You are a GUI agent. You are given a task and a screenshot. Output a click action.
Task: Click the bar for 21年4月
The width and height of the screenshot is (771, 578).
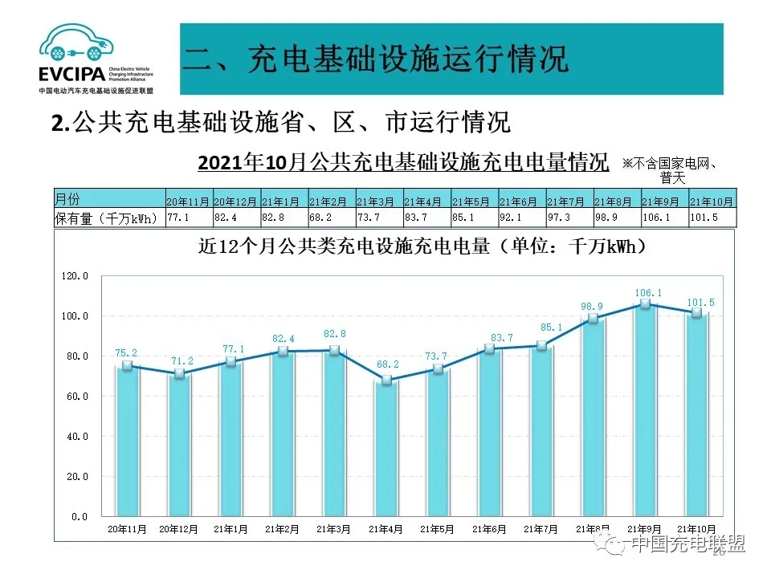tap(386, 450)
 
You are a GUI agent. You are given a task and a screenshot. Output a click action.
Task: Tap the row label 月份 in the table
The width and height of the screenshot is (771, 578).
tap(67, 199)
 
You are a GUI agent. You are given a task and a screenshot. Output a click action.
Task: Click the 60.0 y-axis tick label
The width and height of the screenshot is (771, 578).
tap(75, 397)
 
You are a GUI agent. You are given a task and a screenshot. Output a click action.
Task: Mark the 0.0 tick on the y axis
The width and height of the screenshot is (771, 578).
tap(79, 517)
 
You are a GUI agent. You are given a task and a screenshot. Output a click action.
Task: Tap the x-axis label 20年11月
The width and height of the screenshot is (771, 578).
tap(126, 529)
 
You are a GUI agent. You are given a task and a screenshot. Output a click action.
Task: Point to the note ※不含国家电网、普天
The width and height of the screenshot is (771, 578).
tap(669, 169)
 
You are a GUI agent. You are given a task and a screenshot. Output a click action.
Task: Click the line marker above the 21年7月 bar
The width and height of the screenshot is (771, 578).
tap(541, 346)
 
